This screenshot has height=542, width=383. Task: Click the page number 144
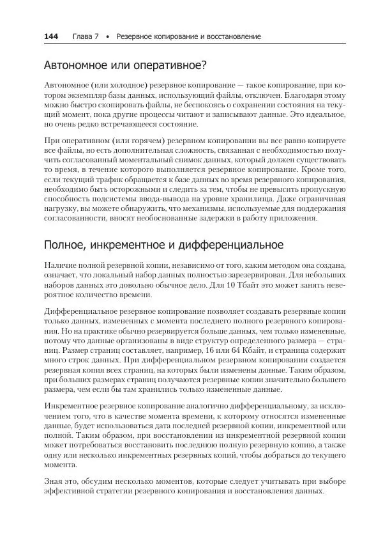pyautogui.click(x=51, y=37)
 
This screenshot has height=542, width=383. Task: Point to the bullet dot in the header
pyautogui.click(x=108, y=38)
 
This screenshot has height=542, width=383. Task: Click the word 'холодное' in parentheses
pyautogui.click(x=114, y=85)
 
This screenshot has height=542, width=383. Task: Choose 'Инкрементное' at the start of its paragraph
pyautogui.click(x=74, y=407)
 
